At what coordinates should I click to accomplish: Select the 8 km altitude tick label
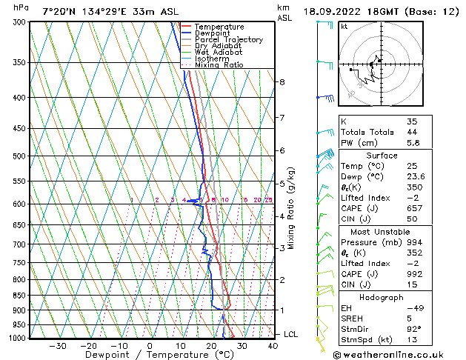coord(282,82)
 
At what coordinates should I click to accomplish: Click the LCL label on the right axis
coord(291,335)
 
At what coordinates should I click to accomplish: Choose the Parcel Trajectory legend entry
coord(228,40)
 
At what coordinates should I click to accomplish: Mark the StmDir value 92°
coord(414,330)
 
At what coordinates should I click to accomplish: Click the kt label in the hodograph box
coord(344,26)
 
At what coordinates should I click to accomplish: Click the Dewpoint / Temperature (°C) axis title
coord(150,355)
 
